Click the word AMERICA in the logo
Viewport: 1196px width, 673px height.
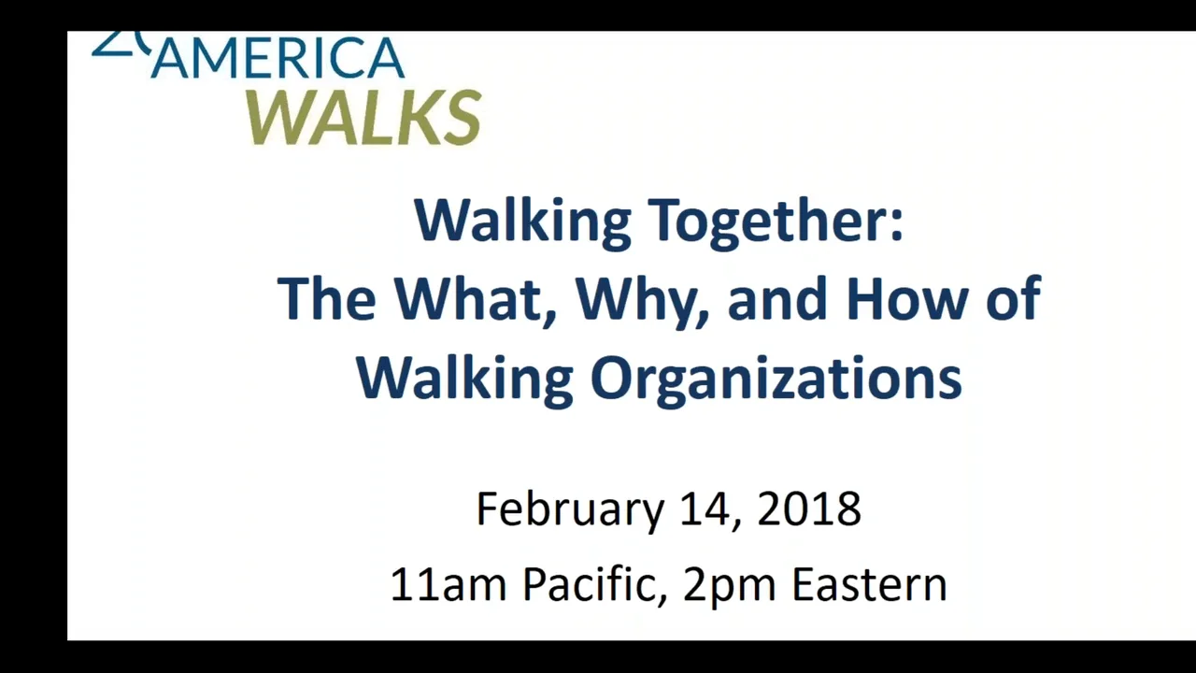point(278,60)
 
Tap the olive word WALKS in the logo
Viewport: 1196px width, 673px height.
point(364,118)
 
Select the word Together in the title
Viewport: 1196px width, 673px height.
point(776,221)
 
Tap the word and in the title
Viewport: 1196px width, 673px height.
point(778,298)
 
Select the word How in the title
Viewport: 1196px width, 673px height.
point(910,298)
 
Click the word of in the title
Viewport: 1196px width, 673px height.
point(1014,298)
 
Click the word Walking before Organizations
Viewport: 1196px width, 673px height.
point(464,379)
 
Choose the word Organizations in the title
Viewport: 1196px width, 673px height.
point(776,379)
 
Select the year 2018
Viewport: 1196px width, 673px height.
point(809,509)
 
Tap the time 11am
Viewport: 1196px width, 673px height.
point(448,585)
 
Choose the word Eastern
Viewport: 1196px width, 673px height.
point(869,585)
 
